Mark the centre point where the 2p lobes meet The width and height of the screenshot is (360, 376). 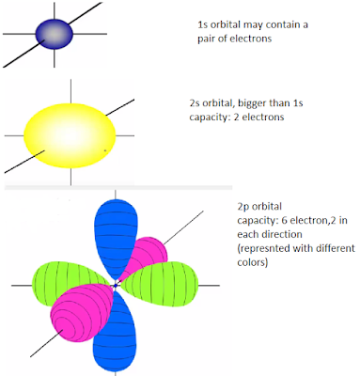point(116,283)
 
